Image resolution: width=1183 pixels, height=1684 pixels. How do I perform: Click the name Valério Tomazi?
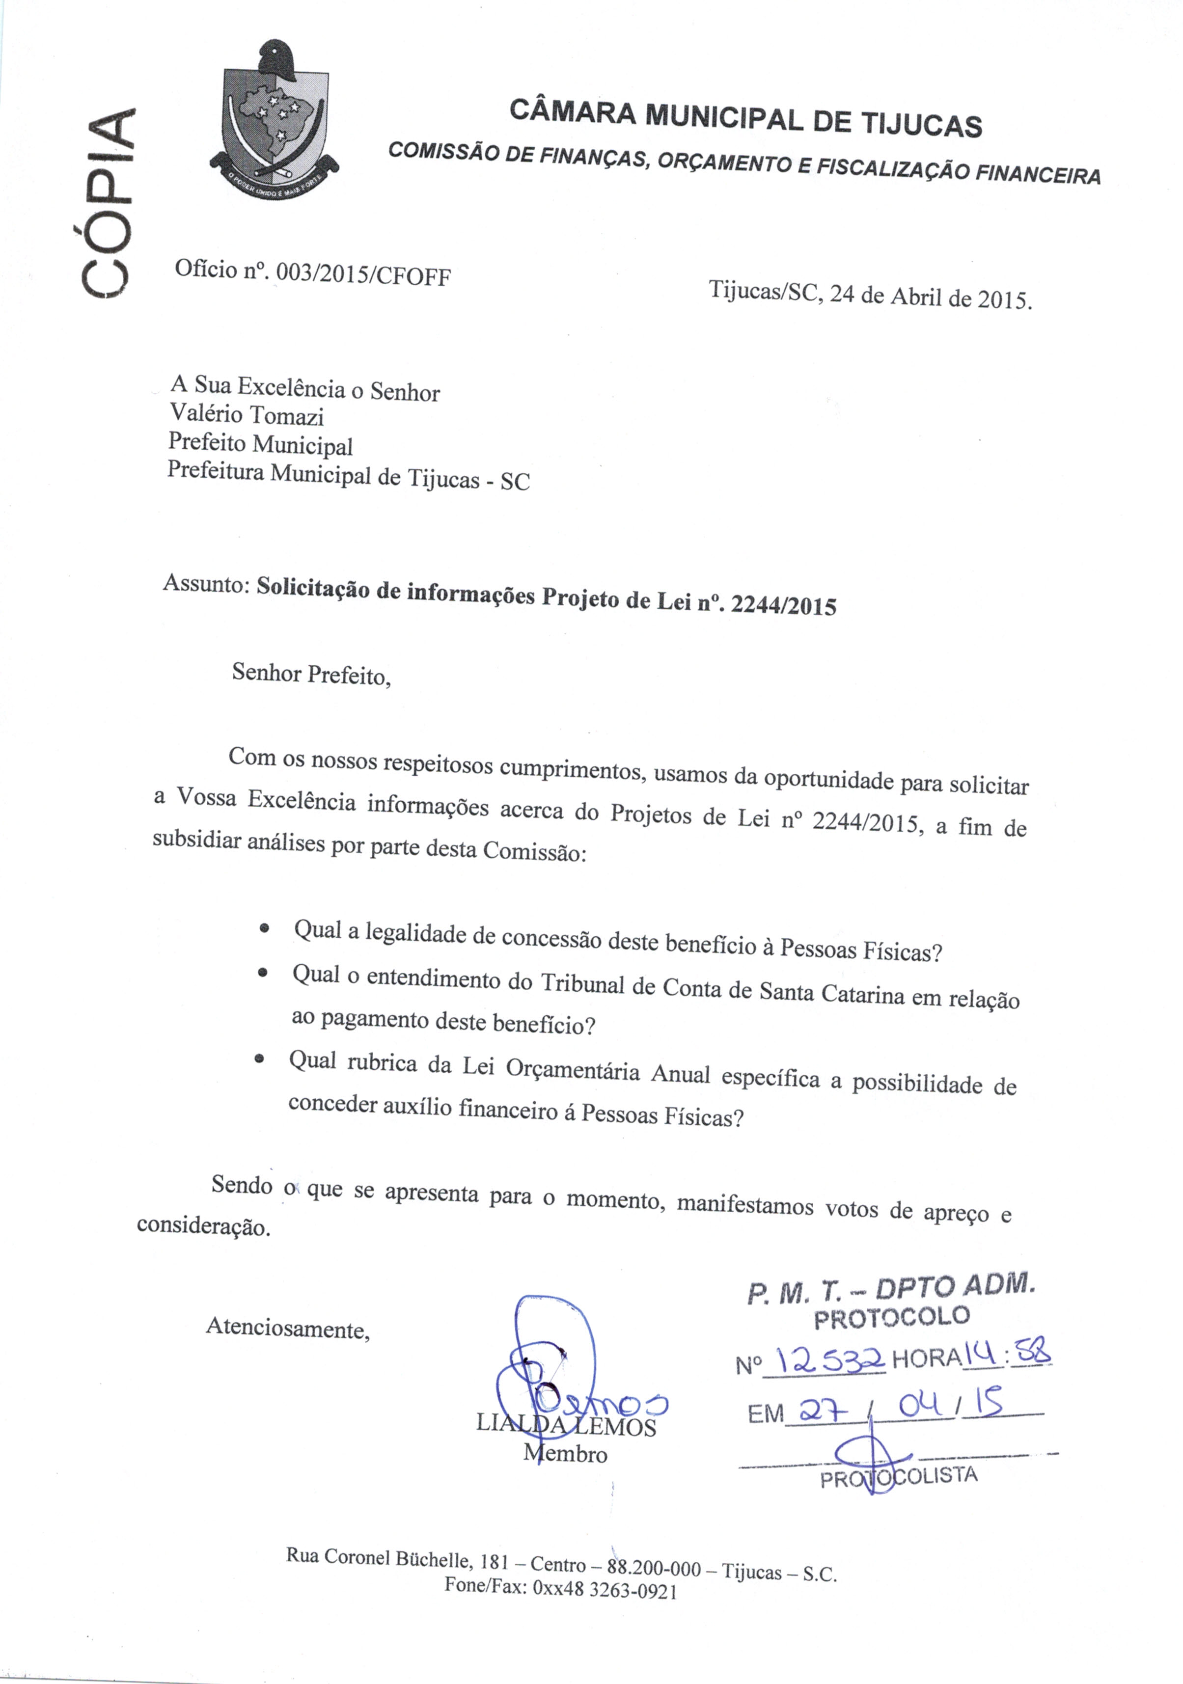247,414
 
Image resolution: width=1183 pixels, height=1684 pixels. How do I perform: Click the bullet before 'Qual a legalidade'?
264,928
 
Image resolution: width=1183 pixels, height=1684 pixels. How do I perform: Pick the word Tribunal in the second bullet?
584,984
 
